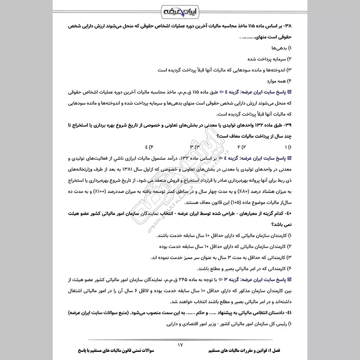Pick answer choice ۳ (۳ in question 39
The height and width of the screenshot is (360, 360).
click(193, 147)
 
